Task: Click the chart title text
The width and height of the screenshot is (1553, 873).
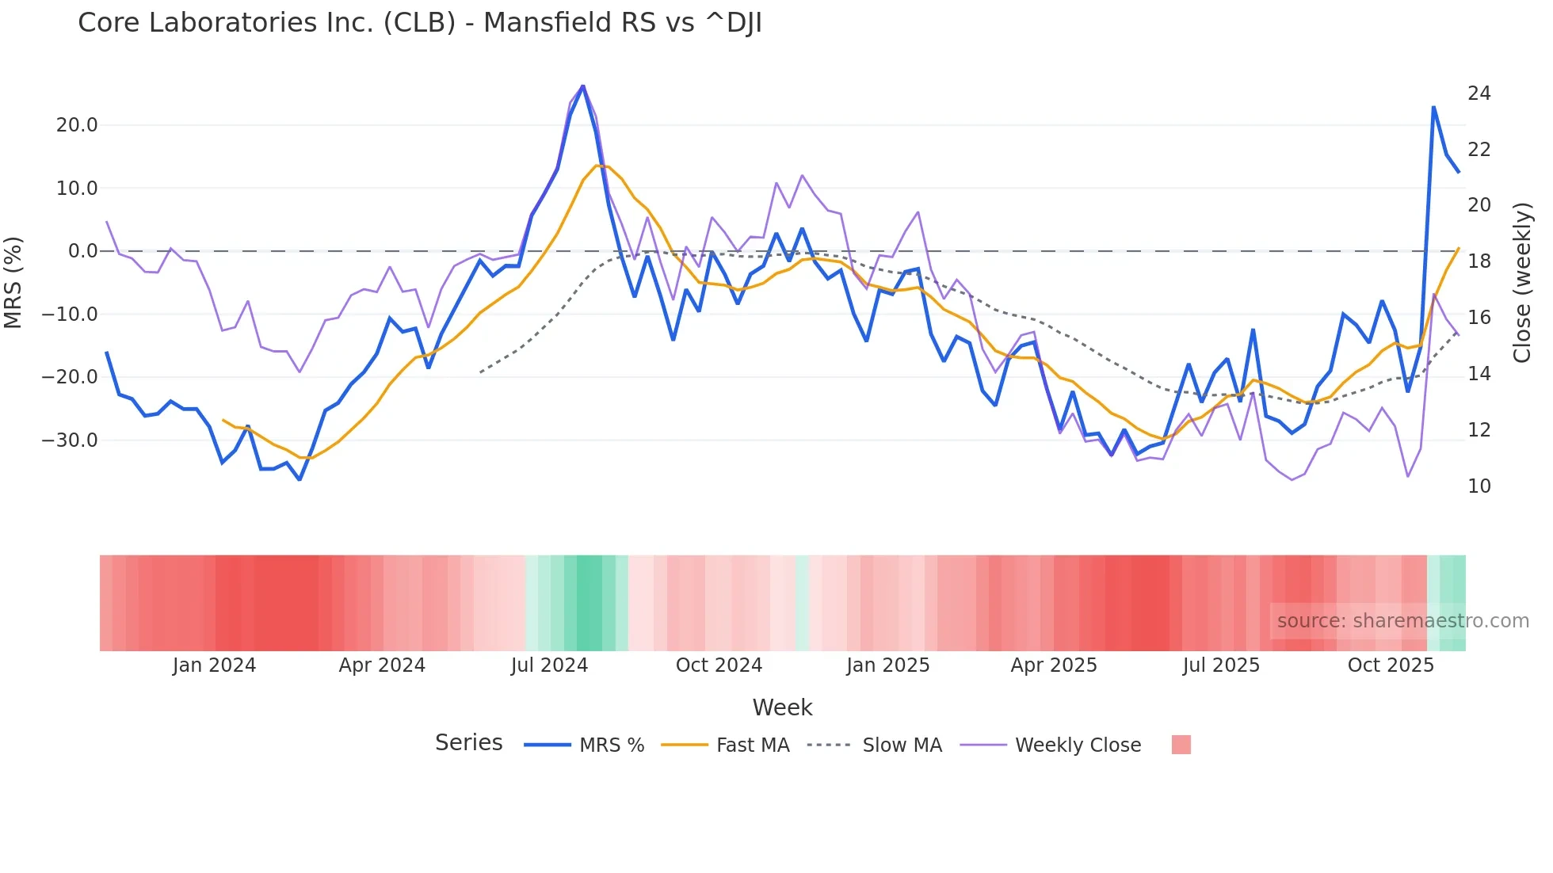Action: point(420,23)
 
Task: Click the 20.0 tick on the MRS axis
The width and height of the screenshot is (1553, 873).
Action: point(77,125)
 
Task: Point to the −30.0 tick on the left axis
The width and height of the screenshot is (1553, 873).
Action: point(70,440)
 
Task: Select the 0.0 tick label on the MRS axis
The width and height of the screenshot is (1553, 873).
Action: point(82,251)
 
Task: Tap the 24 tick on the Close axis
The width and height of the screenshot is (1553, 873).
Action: point(1479,93)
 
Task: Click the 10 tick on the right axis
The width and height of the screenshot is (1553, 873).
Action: point(1479,486)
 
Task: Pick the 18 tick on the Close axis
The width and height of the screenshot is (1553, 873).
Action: point(1479,261)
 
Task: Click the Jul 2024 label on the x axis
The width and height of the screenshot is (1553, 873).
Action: point(549,665)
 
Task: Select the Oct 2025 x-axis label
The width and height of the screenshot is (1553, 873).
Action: point(1391,665)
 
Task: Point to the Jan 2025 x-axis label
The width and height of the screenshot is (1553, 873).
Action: point(887,665)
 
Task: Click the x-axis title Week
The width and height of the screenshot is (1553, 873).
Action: point(782,707)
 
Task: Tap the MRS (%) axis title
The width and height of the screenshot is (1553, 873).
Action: point(13,282)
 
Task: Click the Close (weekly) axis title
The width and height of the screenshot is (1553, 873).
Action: point(1522,282)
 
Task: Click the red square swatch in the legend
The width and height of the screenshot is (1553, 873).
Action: point(1181,745)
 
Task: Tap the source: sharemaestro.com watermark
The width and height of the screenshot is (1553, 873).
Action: point(1402,621)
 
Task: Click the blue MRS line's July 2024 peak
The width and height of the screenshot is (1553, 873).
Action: point(583,86)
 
